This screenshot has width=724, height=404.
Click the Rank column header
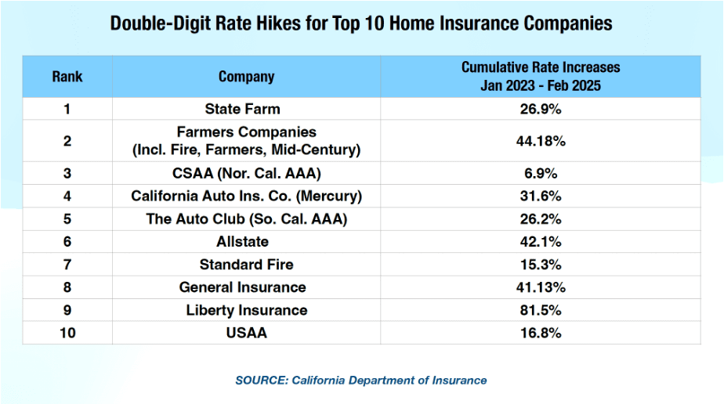point(67,77)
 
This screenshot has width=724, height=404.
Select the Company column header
point(246,77)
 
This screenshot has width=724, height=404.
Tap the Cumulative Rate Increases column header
point(541,77)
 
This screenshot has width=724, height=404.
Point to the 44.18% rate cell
point(541,141)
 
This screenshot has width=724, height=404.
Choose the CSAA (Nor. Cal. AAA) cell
point(246,173)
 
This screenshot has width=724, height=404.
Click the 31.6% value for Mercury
point(541,197)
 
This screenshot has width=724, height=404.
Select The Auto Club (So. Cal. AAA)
point(246,219)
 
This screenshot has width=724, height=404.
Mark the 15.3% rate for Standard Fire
point(541,265)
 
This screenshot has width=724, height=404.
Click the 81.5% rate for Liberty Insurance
point(541,310)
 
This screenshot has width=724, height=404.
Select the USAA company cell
point(246,333)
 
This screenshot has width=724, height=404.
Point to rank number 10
point(67,333)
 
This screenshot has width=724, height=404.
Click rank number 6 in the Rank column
point(67,242)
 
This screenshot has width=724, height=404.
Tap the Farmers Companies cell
point(246,140)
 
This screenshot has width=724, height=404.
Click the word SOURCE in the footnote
point(260,381)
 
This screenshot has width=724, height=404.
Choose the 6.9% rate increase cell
point(541,173)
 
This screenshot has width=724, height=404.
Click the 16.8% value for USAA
point(541,333)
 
